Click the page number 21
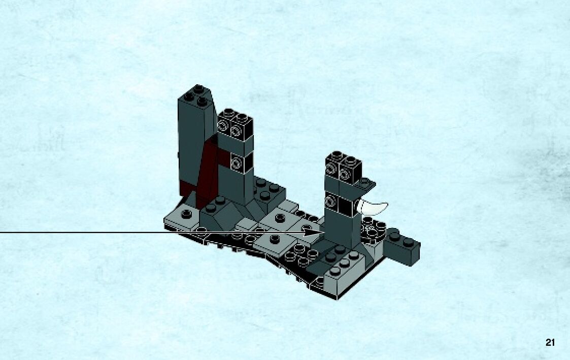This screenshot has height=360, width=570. [550, 342]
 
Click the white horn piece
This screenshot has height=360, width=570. [372, 207]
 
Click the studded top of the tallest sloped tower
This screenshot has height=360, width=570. [196, 95]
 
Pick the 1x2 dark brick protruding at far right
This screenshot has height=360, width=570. [401, 246]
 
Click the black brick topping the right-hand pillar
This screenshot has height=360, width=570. [343, 167]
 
